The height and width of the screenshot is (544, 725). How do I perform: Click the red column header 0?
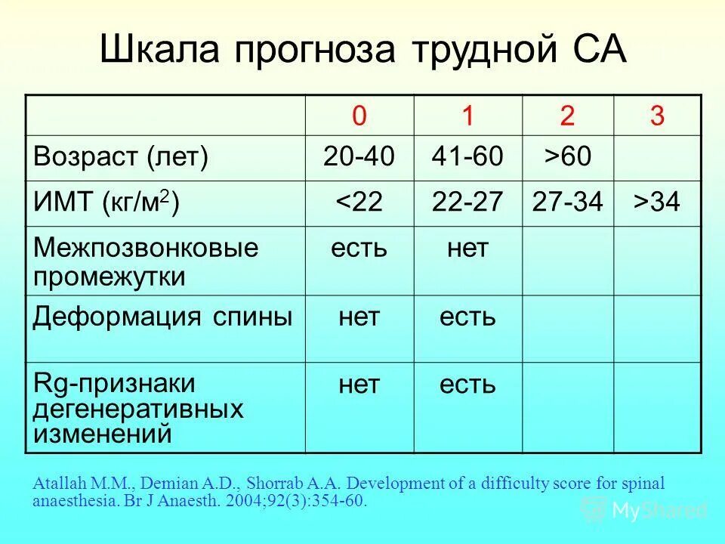pyautogui.click(x=359, y=116)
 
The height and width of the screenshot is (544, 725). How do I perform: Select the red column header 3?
pyautogui.click(x=657, y=116)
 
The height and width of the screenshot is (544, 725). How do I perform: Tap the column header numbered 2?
pyautogui.click(x=567, y=116)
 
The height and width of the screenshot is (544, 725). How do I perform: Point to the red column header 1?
pyautogui.click(x=467, y=116)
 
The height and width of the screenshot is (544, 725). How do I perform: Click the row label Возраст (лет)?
pyautogui.click(x=120, y=158)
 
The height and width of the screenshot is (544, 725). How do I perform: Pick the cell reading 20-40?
pyautogui.click(x=359, y=158)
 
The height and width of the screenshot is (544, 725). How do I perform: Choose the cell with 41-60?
pyautogui.click(x=467, y=158)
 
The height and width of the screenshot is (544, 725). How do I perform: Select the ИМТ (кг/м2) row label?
pyautogui.click(x=106, y=203)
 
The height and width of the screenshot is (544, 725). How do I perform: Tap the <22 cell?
pyautogui.click(x=359, y=203)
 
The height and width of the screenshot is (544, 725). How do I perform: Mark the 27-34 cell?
pyautogui.click(x=567, y=203)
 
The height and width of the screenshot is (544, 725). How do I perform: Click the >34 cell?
pyautogui.click(x=657, y=203)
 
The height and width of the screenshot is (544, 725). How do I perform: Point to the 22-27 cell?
pyautogui.click(x=467, y=203)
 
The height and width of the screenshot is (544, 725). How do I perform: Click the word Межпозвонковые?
pyautogui.click(x=145, y=248)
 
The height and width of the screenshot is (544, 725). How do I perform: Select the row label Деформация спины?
pyautogui.click(x=162, y=317)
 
